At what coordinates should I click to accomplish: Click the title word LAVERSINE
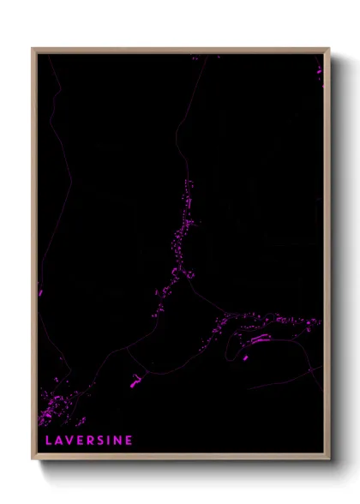(89, 441)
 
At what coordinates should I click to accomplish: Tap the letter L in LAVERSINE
(48, 441)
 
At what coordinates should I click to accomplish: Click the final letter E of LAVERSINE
(129, 441)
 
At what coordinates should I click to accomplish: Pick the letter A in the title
(58, 441)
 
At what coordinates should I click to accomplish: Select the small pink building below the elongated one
(245, 357)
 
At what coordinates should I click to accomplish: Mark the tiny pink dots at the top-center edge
(195, 57)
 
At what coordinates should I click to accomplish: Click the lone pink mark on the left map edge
(40, 293)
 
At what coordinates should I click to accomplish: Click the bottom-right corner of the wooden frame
(328, 458)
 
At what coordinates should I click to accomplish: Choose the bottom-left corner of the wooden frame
(33, 458)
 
